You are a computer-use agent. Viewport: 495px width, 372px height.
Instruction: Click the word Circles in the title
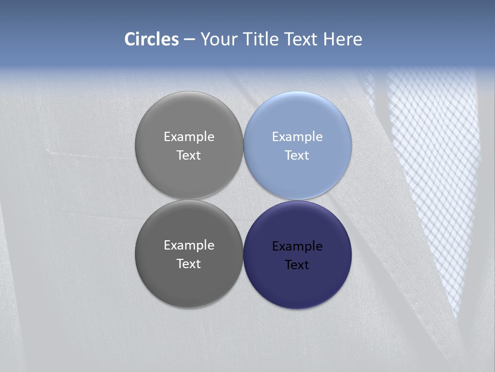(x=152, y=39)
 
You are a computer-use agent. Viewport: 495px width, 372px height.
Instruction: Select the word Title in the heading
(x=263, y=39)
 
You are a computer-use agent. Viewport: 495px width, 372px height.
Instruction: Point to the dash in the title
(x=190, y=40)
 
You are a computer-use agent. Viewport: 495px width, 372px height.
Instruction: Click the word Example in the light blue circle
(x=298, y=137)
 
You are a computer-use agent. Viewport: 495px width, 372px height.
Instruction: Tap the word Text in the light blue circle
(x=298, y=156)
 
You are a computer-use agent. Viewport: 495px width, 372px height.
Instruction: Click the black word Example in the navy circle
(x=298, y=246)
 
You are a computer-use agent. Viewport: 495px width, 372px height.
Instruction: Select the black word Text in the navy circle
(x=298, y=265)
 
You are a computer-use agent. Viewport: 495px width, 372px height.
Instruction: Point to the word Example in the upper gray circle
(x=189, y=137)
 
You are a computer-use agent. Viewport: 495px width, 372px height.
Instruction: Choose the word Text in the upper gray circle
(x=189, y=156)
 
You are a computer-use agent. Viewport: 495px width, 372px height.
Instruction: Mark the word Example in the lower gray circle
(x=189, y=245)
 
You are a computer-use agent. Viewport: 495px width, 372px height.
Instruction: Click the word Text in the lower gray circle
(x=189, y=264)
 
